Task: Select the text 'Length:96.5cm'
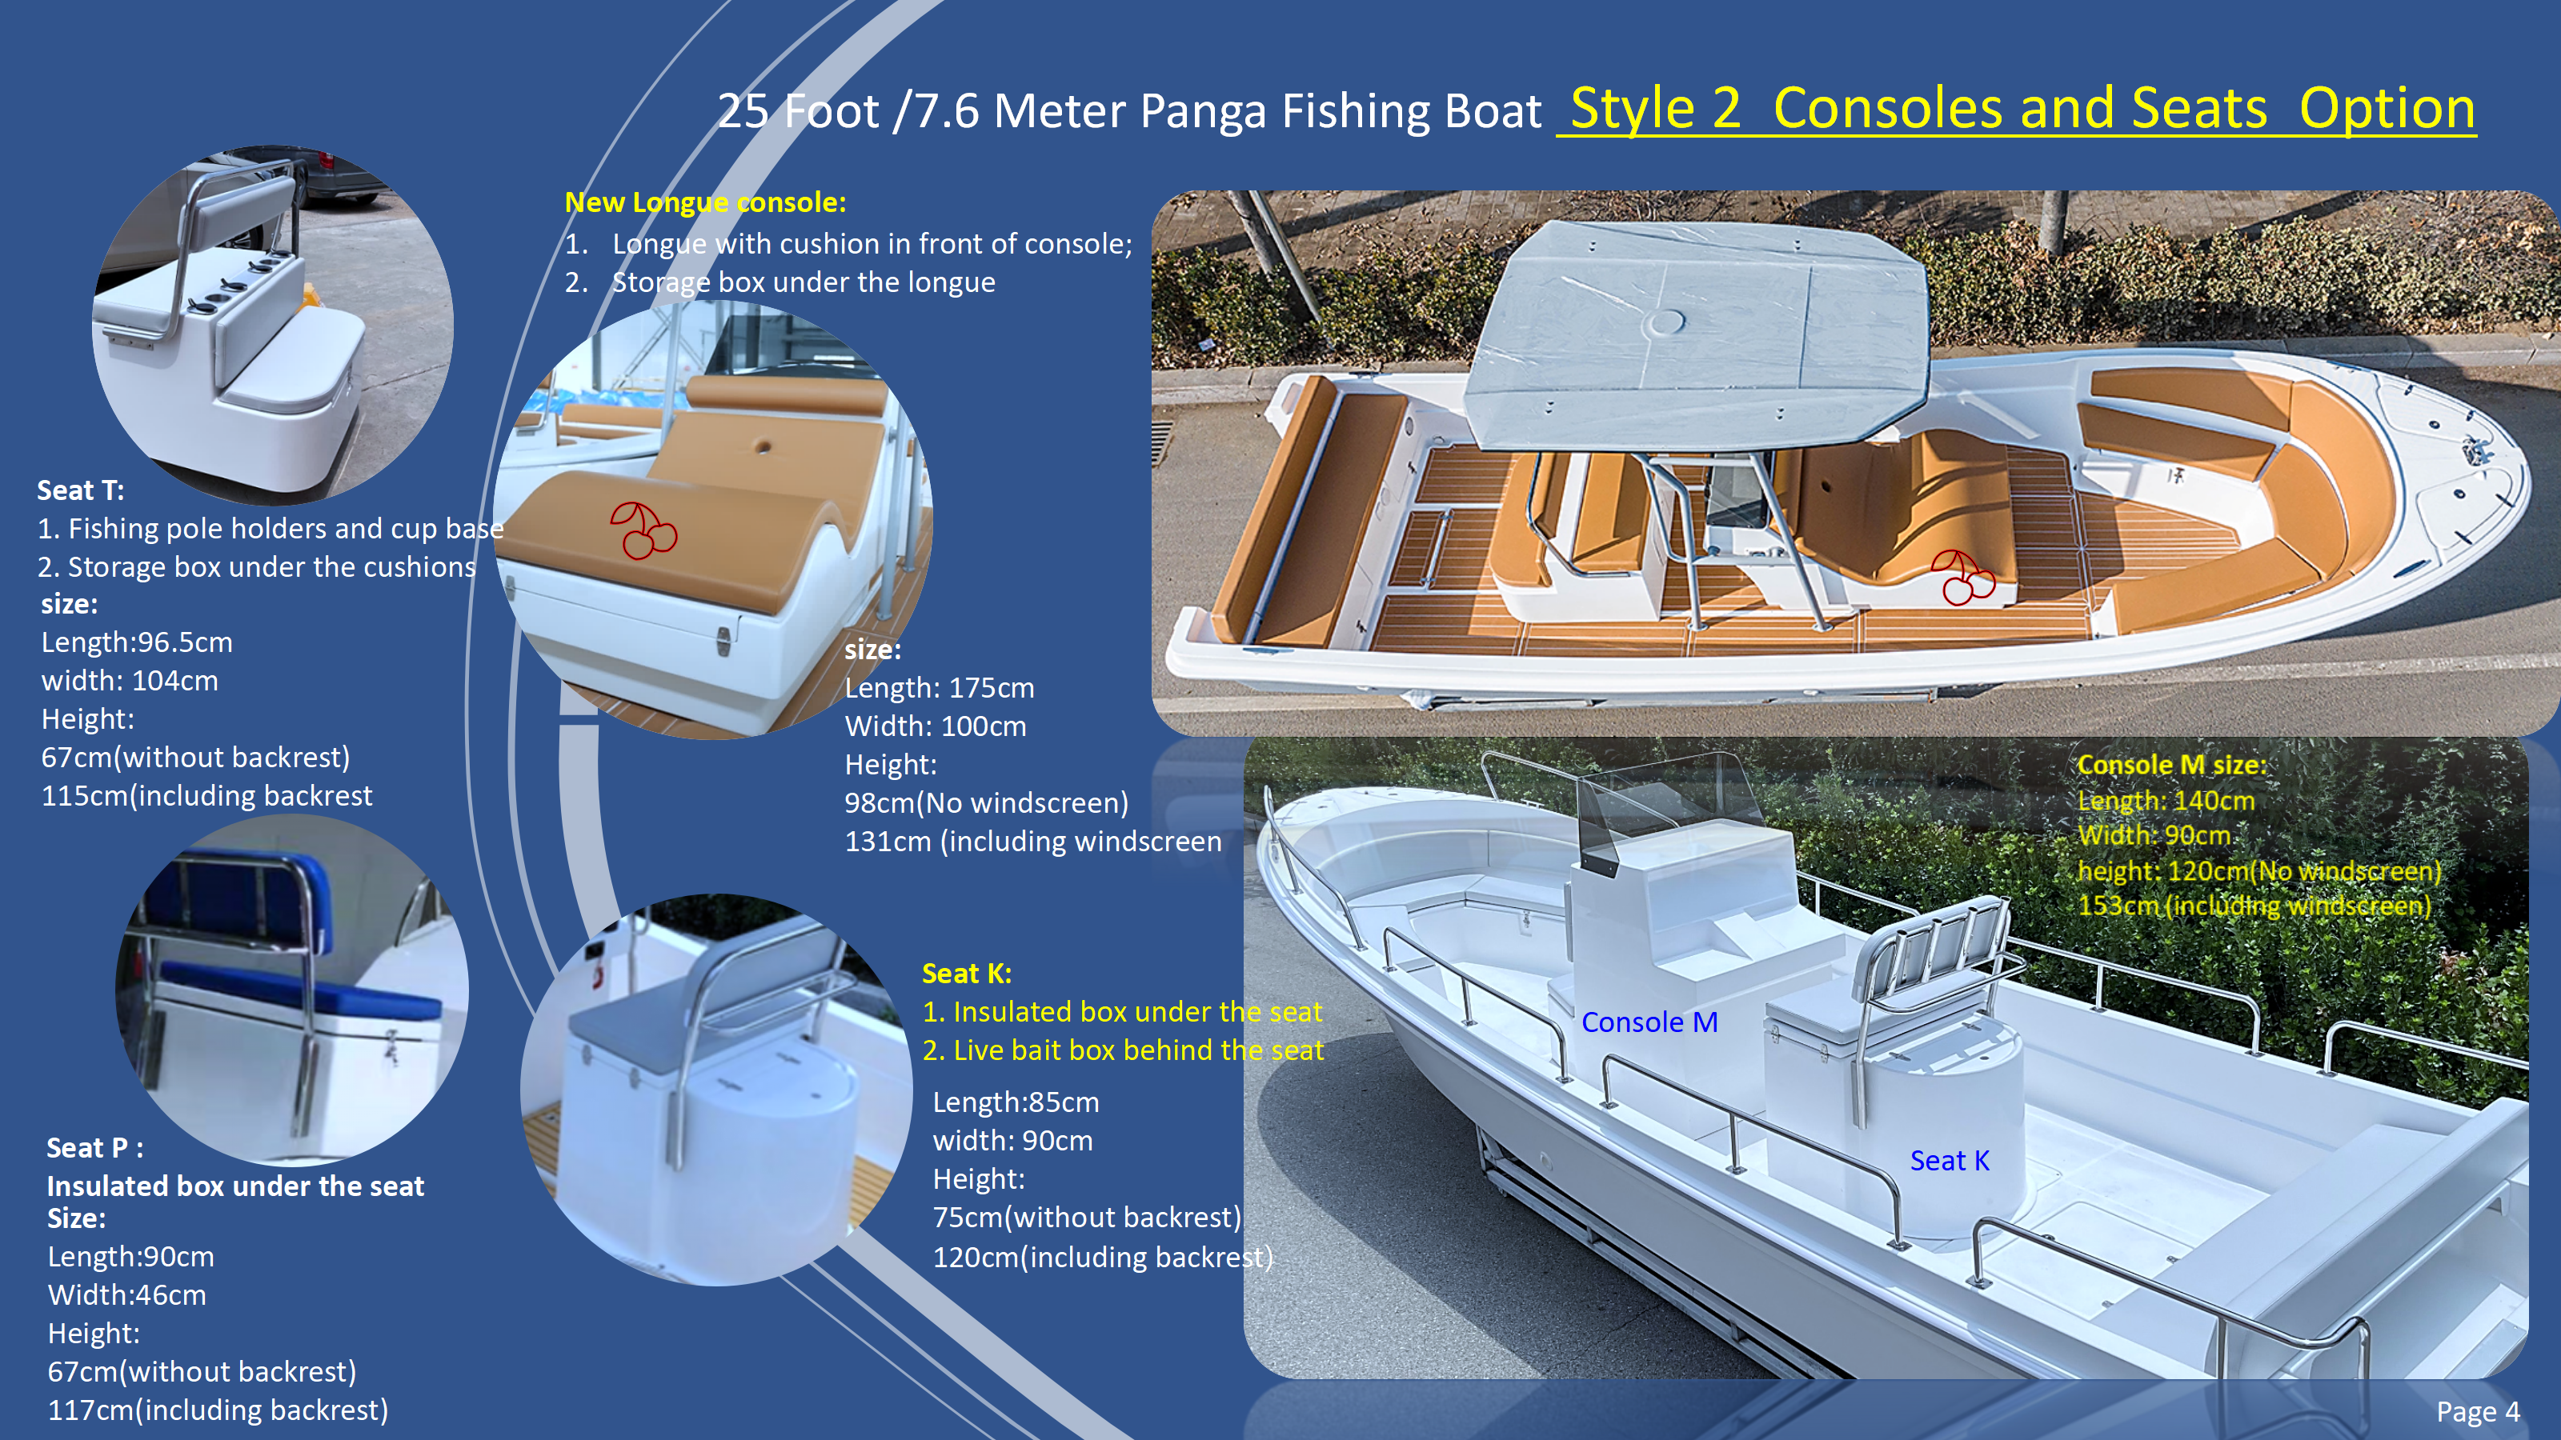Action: [x=137, y=642]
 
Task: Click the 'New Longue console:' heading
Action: [x=705, y=202]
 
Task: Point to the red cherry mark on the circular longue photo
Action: [x=643, y=530]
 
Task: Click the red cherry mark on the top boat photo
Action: [x=1961, y=578]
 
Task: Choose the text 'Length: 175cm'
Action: [x=940, y=688]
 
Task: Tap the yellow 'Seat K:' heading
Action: [x=966, y=973]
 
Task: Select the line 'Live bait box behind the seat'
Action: [x=1137, y=1050]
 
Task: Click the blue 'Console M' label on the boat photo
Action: [x=1649, y=1022]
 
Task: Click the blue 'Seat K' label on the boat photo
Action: [x=1949, y=1161]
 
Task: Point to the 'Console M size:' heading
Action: [x=2171, y=764]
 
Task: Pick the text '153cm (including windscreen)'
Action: [x=2254, y=906]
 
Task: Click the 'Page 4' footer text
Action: [x=2478, y=1412]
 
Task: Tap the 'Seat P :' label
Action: [x=94, y=1148]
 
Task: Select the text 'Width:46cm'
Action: [x=127, y=1295]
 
